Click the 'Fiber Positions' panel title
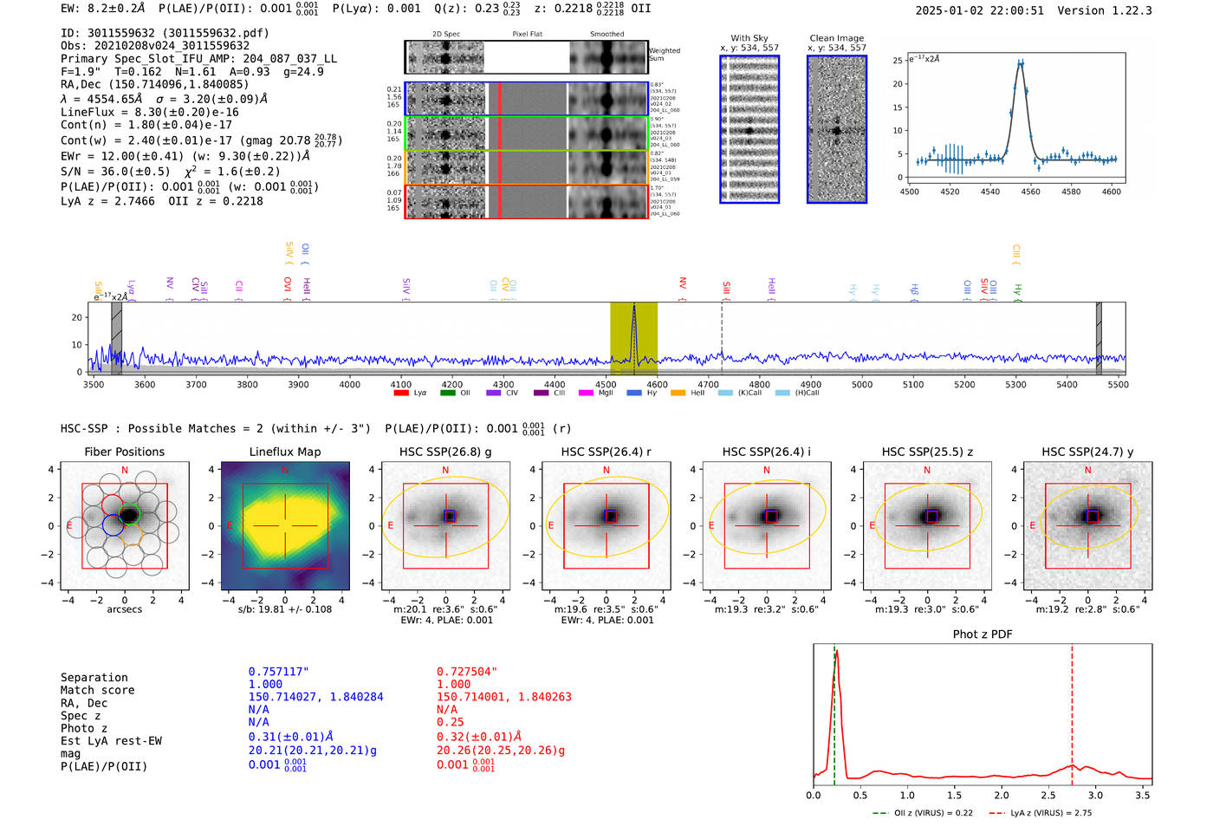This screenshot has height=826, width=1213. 124,452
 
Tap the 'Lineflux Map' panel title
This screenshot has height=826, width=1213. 284,452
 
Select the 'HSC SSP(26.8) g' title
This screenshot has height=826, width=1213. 445,452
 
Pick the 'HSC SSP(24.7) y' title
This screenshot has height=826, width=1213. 1087,452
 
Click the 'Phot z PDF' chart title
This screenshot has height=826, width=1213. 983,634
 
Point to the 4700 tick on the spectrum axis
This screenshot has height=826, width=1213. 708,385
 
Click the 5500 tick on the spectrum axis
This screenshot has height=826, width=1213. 1118,385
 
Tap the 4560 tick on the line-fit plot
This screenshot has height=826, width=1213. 1030,192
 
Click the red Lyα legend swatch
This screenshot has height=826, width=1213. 401,393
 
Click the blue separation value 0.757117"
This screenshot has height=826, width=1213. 278,672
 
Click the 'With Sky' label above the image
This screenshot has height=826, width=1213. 749,38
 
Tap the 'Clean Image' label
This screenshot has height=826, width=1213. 836,38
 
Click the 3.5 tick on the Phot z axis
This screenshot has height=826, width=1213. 1143,795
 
